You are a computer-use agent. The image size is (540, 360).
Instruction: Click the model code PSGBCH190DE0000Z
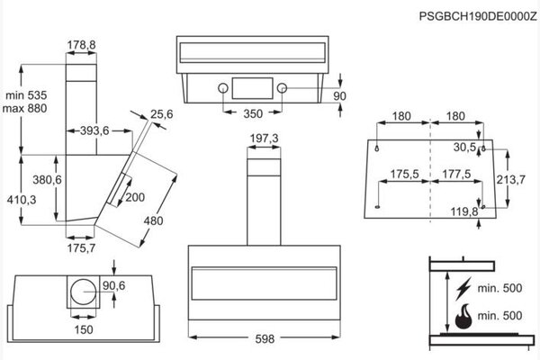click(x=478, y=16)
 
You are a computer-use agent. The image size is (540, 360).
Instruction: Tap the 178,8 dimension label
click(x=81, y=44)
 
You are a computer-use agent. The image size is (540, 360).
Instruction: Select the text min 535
click(x=26, y=95)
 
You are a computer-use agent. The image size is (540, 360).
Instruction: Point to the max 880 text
click(x=24, y=108)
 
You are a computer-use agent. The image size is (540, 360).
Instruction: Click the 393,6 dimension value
click(x=94, y=130)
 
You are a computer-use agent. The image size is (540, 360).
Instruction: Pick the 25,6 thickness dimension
click(x=162, y=114)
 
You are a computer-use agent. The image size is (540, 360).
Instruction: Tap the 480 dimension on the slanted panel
click(x=153, y=220)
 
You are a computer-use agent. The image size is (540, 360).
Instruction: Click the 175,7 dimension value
click(x=81, y=248)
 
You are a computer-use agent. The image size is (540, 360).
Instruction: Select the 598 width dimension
click(x=265, y=339)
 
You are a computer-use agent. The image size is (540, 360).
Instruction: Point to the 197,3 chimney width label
click(x=264, y=139)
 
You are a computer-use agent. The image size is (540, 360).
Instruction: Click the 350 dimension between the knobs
click(x=253, y=113)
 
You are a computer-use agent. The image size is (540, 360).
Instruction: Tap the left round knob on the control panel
click(x=223, y=88)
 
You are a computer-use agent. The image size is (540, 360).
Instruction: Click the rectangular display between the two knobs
click(x=253, y=88)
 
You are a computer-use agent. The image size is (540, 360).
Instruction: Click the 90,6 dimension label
click(x=114, y=285)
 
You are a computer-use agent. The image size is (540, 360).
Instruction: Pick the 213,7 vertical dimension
click(x=510, y=179)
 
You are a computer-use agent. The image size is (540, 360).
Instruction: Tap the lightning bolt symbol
click(x=463, y=288)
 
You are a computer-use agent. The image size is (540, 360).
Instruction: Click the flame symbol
click(x=463, y=316)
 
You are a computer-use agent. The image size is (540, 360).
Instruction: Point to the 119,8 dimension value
click(x=464, y=211)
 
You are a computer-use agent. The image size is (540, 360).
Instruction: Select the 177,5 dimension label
click(x=456, y=174)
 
